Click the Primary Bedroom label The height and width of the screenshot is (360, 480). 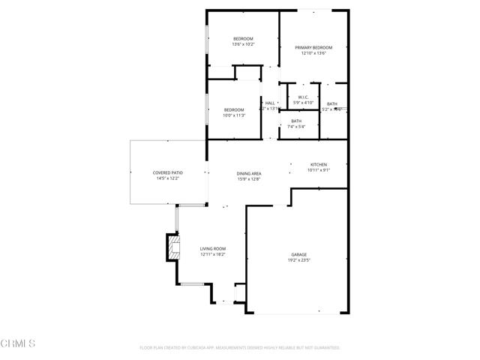pyautogui.click(x=313, y=47)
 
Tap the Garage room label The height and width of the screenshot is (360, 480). pyautogui.click(x=299, y=255)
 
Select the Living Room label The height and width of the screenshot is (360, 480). pyautogui.click(x=213, y=248)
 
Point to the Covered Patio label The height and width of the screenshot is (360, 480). pyautogui.click(x=168, y=172)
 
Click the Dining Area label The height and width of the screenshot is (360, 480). pyautogui.click(x=249, y=173)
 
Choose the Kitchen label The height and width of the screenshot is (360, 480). pyautogui.click(x=319, y=164)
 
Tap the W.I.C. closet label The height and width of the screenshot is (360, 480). pyautogui.click(x=304, y=97)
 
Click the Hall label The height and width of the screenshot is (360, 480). pyautogui.click(x=270, y=103)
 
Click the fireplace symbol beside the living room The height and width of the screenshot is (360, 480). pyautogui.click(x=175, y=247)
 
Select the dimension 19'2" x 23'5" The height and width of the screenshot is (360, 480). pyautogui.click(x=299, y=261)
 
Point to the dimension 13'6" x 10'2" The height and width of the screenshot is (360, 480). pyautogui.click(x=243, y=44)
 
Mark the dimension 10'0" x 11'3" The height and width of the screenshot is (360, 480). pyautogui.click(x=234, y=115)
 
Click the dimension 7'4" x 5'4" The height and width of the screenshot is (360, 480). pyautogui.click(x=296, y=127)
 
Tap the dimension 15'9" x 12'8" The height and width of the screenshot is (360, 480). pyautogui.click(x=249, y=178)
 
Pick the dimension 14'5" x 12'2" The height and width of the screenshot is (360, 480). pyautogui.click(x=168, y=178)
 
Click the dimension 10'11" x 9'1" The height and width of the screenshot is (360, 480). pyautogui.click(x=319, y=170)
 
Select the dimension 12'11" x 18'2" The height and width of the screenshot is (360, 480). pyautogui.click(x=213, y=254)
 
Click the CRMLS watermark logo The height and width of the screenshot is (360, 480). pyautogui.click(x=18, y=343)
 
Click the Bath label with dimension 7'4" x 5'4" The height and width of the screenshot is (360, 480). pyautogui.click(x=296, y=121)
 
